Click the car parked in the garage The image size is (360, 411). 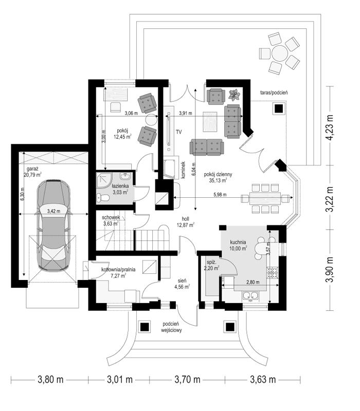[53, 226]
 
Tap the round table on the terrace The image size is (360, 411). [280, 53]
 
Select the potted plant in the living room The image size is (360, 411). [234, 95]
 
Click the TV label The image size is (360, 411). [178, 132]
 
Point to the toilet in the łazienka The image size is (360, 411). [102, 198]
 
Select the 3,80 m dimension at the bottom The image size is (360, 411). [50, 379]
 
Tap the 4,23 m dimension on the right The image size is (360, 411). [329, 127]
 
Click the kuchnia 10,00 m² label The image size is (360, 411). [238, 245]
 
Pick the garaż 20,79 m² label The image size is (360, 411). [32, 172]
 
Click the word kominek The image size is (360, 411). [183, 170]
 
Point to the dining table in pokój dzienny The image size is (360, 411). [265, 198]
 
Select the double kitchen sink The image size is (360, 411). [250, 296]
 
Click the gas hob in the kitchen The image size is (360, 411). [273, 272]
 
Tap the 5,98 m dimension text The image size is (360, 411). [220, 195]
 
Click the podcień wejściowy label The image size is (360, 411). [171, 327]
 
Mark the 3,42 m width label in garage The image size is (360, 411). [53, 211]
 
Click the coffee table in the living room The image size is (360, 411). [210, 122]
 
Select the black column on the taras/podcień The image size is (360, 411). [279, 108]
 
